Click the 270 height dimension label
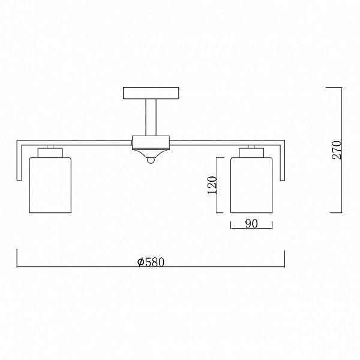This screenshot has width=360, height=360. (337, 150)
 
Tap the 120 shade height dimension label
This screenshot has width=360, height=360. (212, 185)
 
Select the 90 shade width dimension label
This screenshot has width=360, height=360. (251, 223)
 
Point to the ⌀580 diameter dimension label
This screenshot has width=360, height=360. (151, 262)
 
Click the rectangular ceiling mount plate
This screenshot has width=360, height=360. (151, 93)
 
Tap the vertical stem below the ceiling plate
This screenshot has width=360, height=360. (151, 118)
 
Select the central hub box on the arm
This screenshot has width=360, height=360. (151, 143)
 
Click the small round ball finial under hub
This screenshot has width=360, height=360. (151, 160)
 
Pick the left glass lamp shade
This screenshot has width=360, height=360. (50, 185)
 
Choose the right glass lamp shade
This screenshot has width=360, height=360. (251, 185)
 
